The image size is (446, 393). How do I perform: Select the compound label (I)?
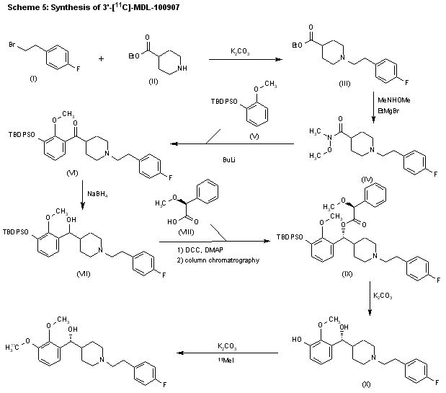[33, 77]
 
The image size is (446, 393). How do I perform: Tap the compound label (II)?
[153, 82]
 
